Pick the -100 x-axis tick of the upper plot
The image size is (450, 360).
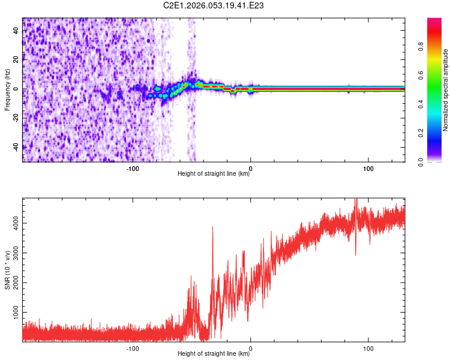coord(133,169)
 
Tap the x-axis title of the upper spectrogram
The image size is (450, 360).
coord(214,175)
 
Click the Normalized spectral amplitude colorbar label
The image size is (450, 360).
coord(446,90)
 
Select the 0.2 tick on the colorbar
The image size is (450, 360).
coord(437,133)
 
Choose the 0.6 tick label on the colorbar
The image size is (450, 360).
coord(437,76)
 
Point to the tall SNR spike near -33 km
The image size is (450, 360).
coord(212,228)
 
